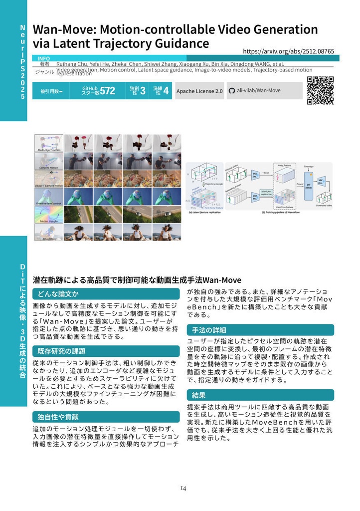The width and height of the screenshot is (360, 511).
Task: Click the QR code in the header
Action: pyautogui.click(x=320, y=90)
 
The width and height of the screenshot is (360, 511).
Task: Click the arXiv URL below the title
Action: pyautogui.click(x=288, y=51)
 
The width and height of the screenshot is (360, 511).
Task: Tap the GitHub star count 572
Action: pyautogui.click(x=107, y=91)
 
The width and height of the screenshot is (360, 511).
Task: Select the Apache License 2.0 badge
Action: pyautogui.click(x=199, y=91)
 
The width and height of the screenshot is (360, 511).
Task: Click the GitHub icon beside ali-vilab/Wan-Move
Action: pyautogui.click(x=231, y=91)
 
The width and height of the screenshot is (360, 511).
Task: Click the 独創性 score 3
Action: pyautogui.click(x=143, y=91)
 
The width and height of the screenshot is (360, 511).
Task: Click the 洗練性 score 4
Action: pyautogui.click(x=166, y=91)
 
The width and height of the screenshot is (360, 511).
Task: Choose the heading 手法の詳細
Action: pyautogui.click(x=209, y=330)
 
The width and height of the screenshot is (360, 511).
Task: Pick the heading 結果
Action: pyautogui.click(x=199, y=395)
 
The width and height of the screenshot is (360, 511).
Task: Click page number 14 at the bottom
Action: pyautogui.click(x=183, y=488)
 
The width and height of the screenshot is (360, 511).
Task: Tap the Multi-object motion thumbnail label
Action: pyautogui.click(x=49, y=150)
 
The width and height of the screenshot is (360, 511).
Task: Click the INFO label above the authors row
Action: pyautogui.click(x=44, y=58)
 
